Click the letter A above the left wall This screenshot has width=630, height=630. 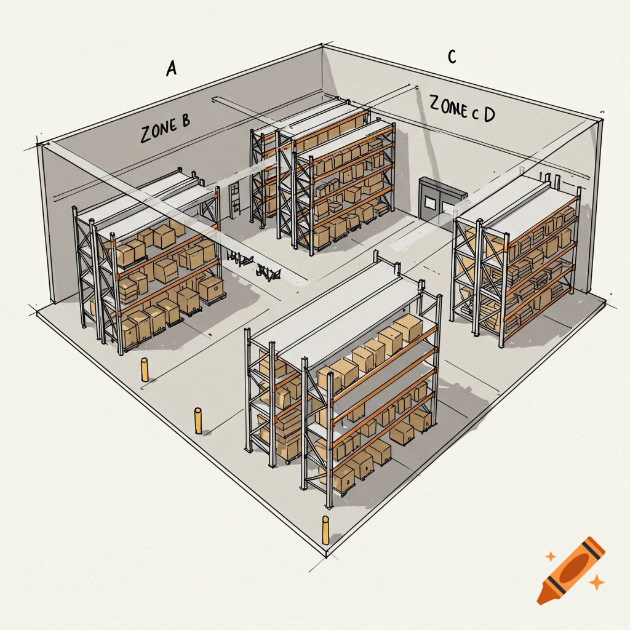(x=172, y=68)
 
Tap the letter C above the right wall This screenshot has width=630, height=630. (x=452, y=57)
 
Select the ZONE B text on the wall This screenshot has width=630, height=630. (x=165, y=129)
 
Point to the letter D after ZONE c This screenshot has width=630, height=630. (x=488, y=114)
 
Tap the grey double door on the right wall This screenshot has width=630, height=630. (x=438, y=198)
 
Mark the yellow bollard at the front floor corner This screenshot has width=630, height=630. (x=325, y=530)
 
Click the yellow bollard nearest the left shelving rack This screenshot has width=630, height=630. (x=145, y=370)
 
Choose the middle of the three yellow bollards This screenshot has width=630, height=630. (x=198, y=420)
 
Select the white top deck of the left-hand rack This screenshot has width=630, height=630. (x=148, y=200)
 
